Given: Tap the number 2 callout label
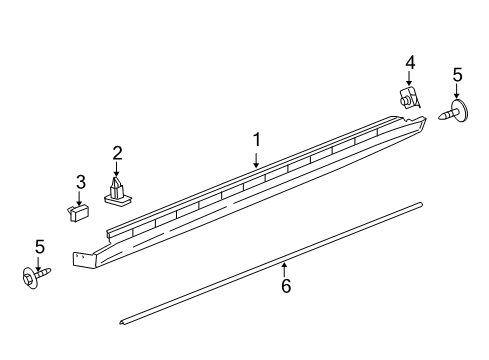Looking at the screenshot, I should pos(117,152).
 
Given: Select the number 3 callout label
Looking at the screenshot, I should pos(80,181).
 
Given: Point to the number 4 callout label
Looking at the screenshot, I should pos(410,62).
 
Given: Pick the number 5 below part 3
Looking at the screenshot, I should pos(39,246).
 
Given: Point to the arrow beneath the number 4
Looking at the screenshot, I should pos(410,79).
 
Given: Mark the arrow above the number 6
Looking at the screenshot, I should pos(284,268).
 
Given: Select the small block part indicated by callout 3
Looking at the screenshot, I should pos(79,213).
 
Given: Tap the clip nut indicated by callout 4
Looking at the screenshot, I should pos(408,98).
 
